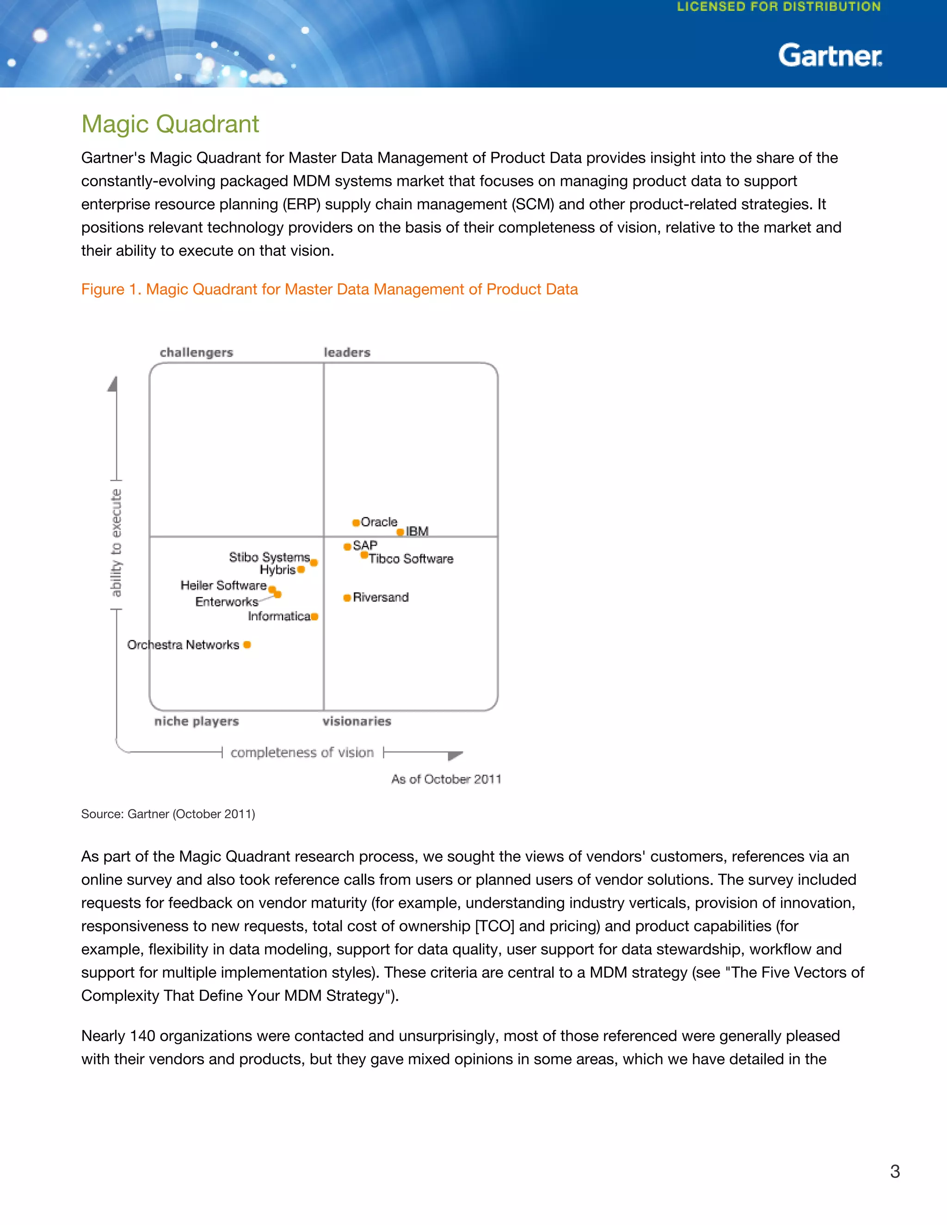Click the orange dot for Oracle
[x=356, y=523]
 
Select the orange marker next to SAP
[x=347, y=546]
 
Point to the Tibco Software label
[x=411, y=559]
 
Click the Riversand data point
[x=347, y=598]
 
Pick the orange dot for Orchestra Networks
[x=247, y=645]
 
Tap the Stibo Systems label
[x=269, y=557]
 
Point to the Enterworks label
[x=227, y=602]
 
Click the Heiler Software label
[x=223, y=586]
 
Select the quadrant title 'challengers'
[x=197, y=353]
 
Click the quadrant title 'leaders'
[x=347, y=353]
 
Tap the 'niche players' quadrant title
[x=197, y=721]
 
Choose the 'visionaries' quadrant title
[x=357, y=721]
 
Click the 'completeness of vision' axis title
[x=302, y=753]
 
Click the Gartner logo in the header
[x=830, y=55]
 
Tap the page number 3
[x=895, y=1171]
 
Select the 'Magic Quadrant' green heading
[x=170, y=124]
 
